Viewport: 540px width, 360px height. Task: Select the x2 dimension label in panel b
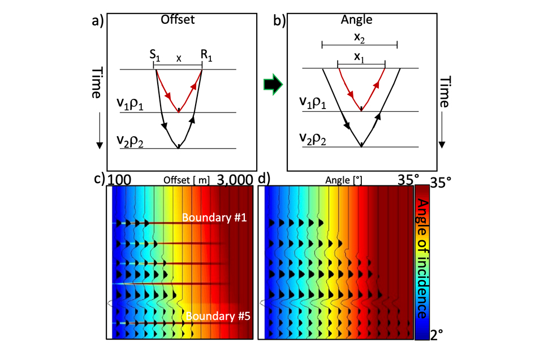coord(359,35)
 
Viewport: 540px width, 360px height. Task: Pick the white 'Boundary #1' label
coord(206,217)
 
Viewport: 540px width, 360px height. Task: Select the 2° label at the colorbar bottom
coord(441,335)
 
